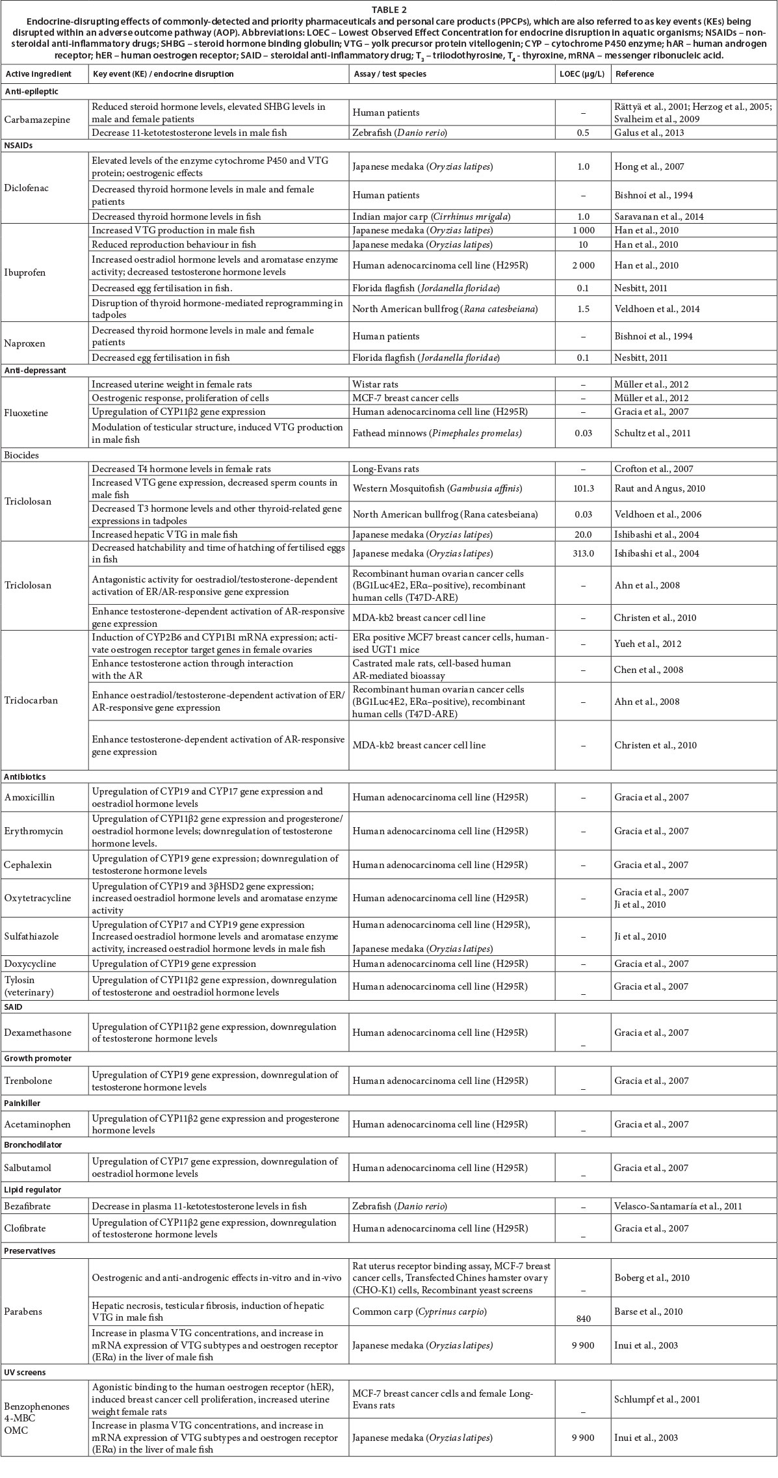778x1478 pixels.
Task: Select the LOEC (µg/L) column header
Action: (x=582, y=74)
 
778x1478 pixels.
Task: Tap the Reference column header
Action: (x=634, y=74)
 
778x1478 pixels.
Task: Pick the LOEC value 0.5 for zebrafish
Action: (x=583, y=133)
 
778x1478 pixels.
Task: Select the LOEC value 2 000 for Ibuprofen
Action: (x=583, y=265)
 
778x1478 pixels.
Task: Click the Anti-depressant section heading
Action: (x=36, y=371)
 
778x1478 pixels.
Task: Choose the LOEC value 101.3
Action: (x=583, y=488)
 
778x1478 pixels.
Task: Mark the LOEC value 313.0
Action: (x=583, y=554)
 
